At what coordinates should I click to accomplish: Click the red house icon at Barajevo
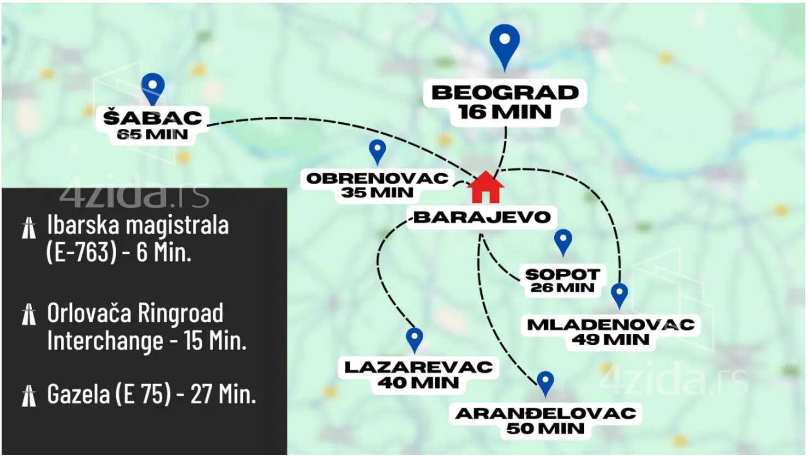point(486,187)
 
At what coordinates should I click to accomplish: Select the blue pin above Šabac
point(152,88)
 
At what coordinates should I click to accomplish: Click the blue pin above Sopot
point(563,241)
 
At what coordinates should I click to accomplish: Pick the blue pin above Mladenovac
point(619,294)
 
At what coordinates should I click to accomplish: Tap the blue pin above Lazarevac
point(414,339)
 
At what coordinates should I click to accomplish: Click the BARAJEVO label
point(482,217)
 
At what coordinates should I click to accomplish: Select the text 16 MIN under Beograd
point(505,112)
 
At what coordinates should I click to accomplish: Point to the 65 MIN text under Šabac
point(152,135)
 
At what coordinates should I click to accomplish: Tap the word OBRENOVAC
point(377,178)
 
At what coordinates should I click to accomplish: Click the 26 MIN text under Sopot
point(562,288)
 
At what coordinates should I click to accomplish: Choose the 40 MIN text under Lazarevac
point(418,383)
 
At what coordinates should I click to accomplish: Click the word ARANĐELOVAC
point(545,413)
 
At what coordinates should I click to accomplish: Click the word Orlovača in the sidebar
point(88,314)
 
